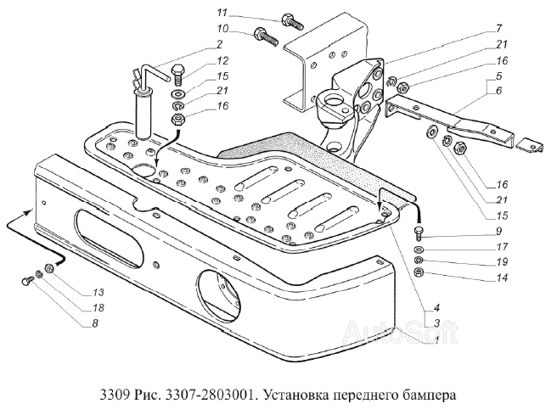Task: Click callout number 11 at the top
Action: tap(222, 14)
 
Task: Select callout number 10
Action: tap(222, 30)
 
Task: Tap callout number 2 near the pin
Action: tap(220, 44)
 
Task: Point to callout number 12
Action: tap(222, 61)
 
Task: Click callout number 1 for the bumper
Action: tap(436, 339)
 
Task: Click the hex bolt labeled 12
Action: tap(177, 69)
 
